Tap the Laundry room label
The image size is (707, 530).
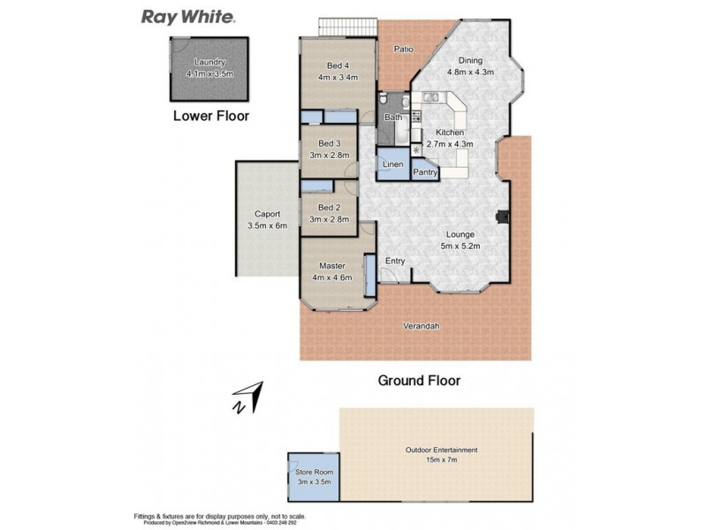pyautogui.click(x=209, y=62)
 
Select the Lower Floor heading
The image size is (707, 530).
pyautogui.click(x=210, y=115)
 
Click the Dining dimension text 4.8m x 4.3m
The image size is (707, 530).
pyautogui.click(x=469, y=72)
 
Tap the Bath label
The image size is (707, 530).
pyautogui.click(x=393, y=117)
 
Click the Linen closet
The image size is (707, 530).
pyautogui.click(x=393, y=165)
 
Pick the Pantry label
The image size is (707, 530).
pyautogui.click(x=425, y=172)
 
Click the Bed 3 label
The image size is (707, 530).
pyautogui.click(x=330, y=144)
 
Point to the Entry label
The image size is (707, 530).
pyautogui.click(x=394, y=260)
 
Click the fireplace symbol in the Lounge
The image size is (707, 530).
pyautogui.click(x=502, y=216)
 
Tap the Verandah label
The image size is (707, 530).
pyautogui.click(x=421, y=326)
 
